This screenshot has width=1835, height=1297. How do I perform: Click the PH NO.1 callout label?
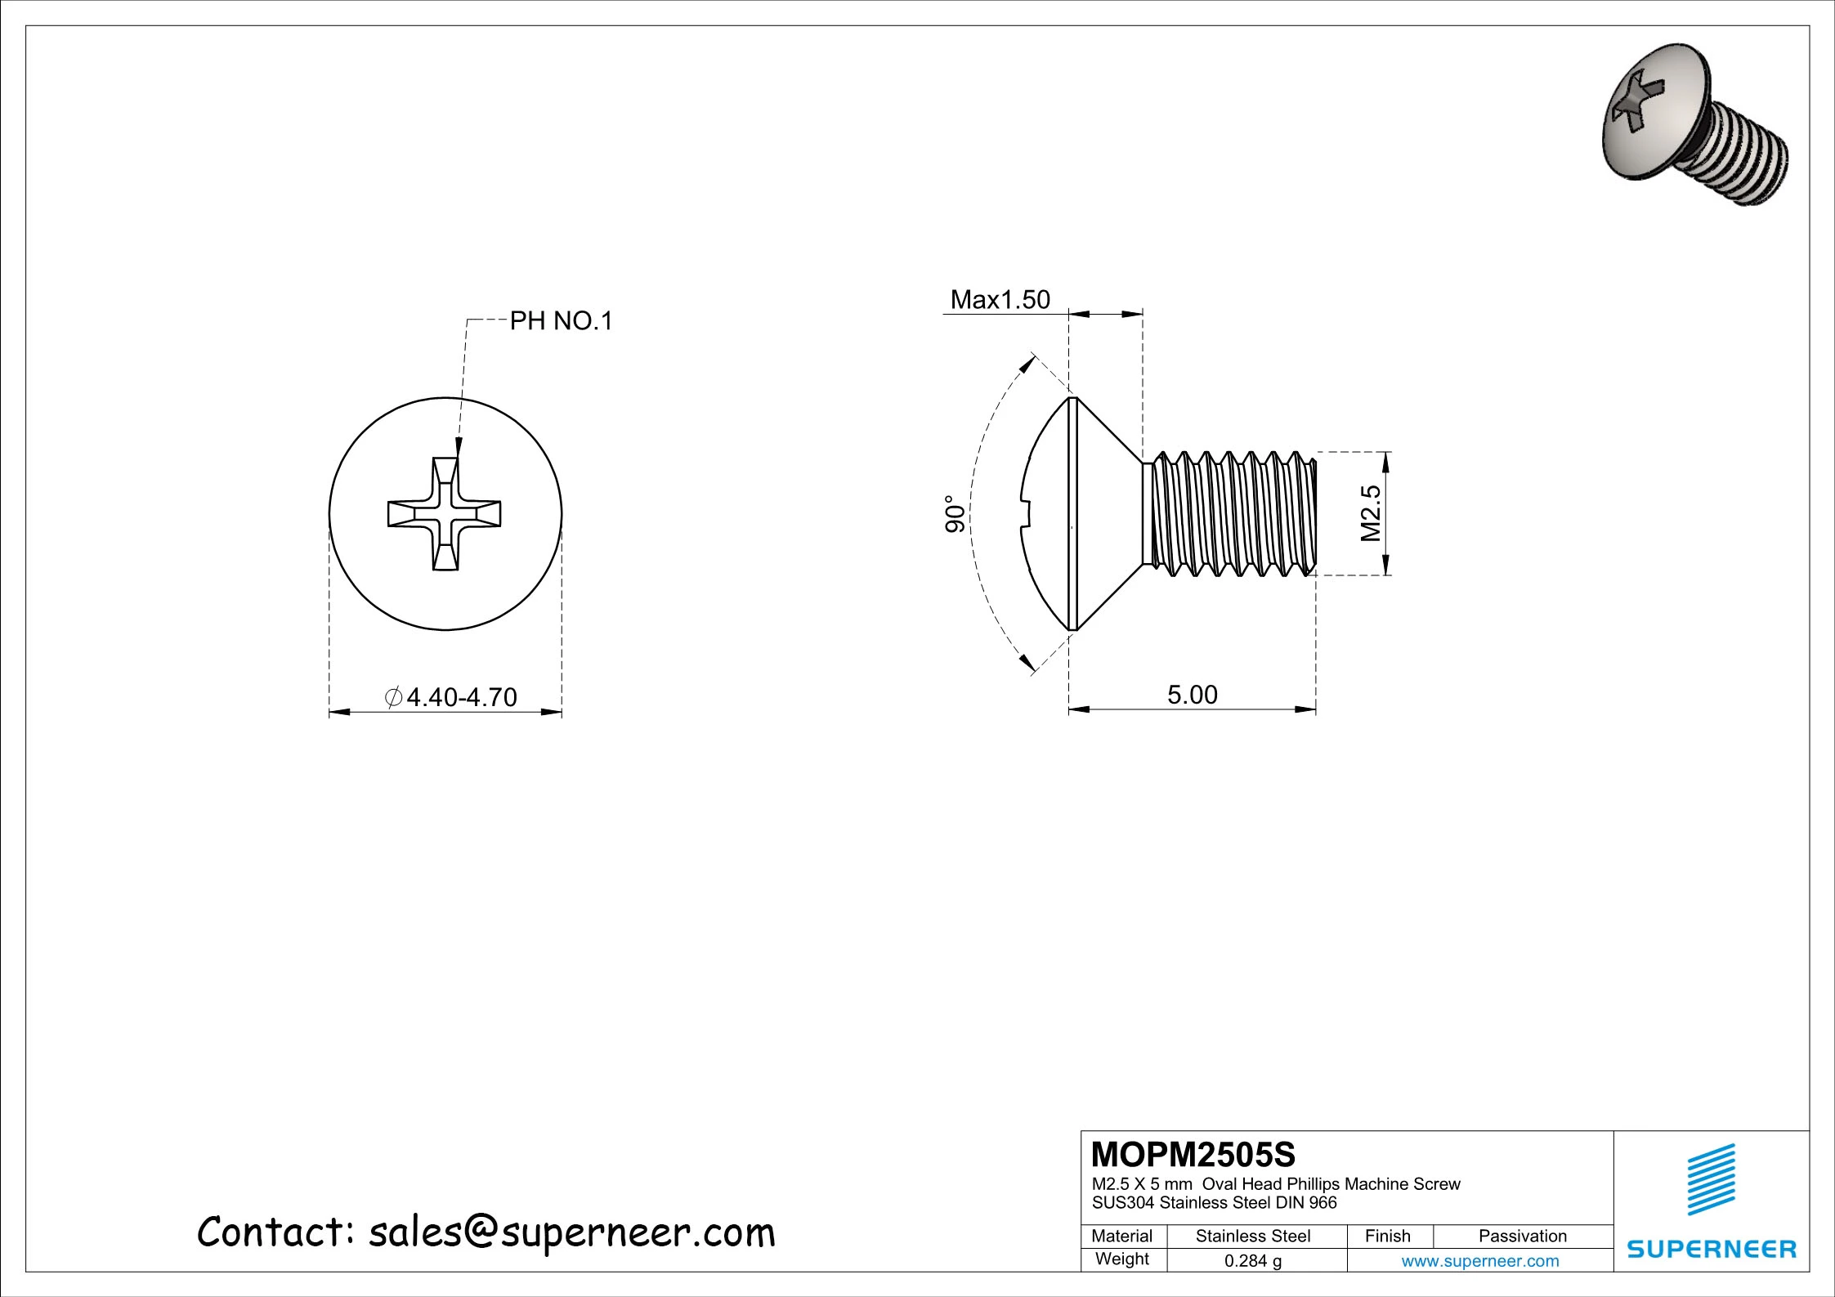(561, 321)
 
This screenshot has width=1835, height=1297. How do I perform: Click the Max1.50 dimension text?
(1000, 300)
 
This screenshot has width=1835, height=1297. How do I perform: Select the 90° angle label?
(955, 514)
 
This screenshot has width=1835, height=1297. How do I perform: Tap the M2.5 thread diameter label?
(1371, 513)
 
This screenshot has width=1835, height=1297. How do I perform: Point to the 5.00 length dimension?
(1192, 695)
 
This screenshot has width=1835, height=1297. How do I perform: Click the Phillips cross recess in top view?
(444, 513)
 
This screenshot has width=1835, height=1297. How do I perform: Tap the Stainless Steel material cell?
(1252, 1236)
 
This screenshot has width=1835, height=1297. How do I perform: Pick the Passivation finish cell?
(1522, 1236)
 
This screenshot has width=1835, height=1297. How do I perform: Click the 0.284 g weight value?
(1252, 1261)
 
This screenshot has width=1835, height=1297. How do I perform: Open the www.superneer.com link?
(1479, 1261)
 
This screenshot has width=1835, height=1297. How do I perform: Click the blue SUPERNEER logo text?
(1712, 1249)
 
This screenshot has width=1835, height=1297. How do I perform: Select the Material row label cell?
(1121, 1236)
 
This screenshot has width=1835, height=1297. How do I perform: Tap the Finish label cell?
(1387, 1236)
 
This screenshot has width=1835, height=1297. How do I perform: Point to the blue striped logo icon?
(1712, 1178)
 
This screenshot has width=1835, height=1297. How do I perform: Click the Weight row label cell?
(1121, 1259)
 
